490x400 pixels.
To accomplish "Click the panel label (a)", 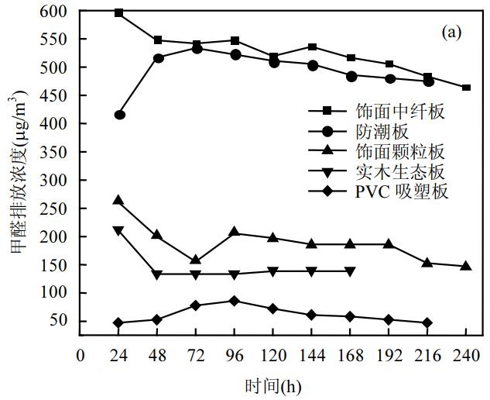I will point(451,33).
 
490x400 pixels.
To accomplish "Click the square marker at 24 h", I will point(119,12).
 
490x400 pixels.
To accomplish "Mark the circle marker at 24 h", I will point(119,115).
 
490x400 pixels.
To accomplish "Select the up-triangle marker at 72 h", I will point(196,260).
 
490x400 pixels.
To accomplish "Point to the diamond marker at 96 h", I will point(235,301).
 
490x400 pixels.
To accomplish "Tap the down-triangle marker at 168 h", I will point(350,271).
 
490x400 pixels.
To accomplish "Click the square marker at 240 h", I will point(466,88).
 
